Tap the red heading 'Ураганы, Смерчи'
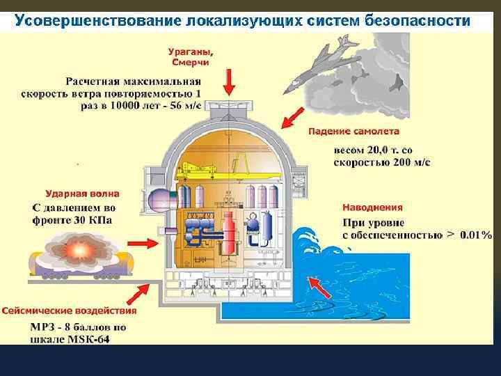click(x=191, y=56)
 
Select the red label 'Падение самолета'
click(x=353, y=131)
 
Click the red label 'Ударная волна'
click(x=82, y=194)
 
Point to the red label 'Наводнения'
click(x=372, y=207)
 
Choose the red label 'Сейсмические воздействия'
click(x=69, y=311)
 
